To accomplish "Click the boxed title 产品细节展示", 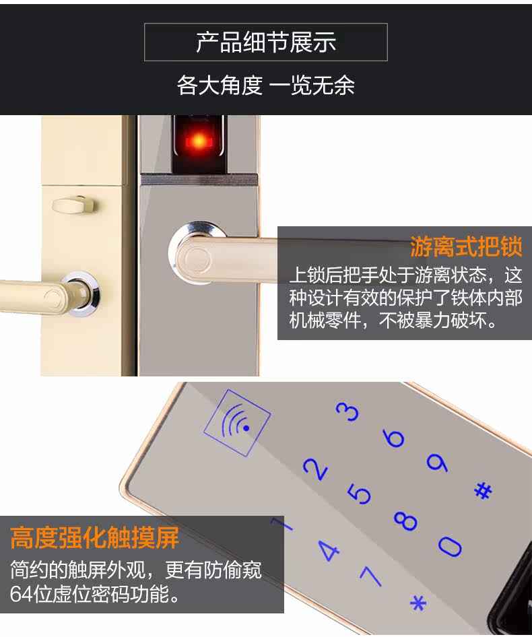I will (265, 42).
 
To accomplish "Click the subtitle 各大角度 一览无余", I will (265, 86).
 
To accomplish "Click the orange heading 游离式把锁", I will (466, 247).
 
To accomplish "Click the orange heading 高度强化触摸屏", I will (95, 538).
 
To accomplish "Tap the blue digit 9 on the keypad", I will (437, 463).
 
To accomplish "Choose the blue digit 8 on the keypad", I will (406, 521).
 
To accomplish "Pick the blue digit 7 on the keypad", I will (371, 576).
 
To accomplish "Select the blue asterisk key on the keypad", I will (418, 602).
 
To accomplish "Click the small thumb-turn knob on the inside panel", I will (73, 202).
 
